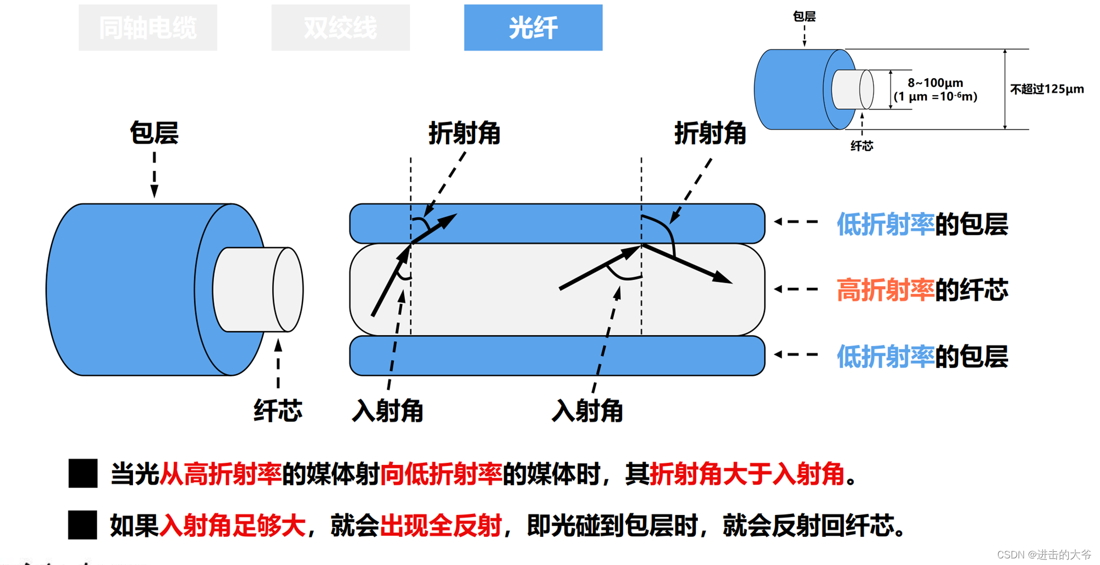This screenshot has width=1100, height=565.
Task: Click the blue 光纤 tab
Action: click(533, 28)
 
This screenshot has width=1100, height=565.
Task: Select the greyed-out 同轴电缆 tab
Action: click(147, 28)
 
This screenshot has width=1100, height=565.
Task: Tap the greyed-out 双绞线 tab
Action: click(340, 28)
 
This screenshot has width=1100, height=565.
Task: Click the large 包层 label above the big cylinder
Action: click(154, 133)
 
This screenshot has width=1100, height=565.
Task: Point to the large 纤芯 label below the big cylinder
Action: click(278, 410)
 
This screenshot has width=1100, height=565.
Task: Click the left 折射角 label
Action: click(464, 133)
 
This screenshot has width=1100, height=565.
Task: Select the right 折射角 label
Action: click(710, 133)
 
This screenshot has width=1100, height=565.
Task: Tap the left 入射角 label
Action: click(387, 410)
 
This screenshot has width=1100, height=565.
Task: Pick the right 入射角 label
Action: click(587, 410)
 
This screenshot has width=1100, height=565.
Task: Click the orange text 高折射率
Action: click(885, 290)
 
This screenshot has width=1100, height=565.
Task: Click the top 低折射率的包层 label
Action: click(922, 224)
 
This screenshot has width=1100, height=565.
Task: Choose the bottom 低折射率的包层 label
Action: click(922, 356)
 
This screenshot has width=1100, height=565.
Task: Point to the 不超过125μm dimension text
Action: click(1047, 89)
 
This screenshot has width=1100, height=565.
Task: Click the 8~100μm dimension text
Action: click(935, 83)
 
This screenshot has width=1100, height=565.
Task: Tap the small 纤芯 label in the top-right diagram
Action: click(861, 146)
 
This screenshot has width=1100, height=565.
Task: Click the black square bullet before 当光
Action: click(83, 473)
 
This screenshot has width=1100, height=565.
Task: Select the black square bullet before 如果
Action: click(82, 525)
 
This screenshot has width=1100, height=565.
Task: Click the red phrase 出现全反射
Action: click(441, 525)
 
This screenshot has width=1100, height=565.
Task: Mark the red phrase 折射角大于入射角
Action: click(747, 474)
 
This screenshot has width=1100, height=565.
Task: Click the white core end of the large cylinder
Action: click(288, 289)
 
